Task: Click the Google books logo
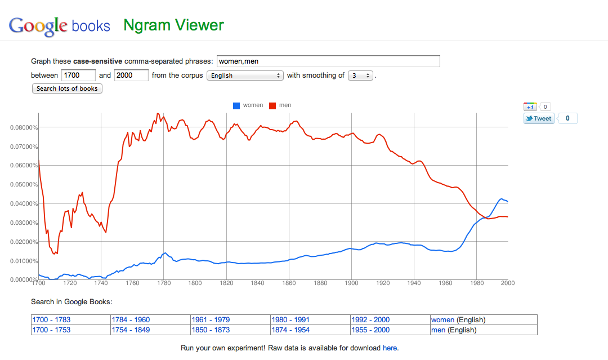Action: (x=60, y=26)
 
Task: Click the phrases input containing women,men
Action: (x=328, y=61)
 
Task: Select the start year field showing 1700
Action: (x=78, y=75)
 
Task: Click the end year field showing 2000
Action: (x=131, y=75)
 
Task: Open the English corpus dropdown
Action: (x=245, y=75)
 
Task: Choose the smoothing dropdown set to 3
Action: (x=360, y=75)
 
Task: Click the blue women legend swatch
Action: (x=236, y=105)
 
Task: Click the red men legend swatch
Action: (x=273, y=105)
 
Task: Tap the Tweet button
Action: (x=539, y=118)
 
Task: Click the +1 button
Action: (x=530, y=106)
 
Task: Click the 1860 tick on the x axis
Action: (x=289, y=283)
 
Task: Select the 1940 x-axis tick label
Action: (x=414, y=283)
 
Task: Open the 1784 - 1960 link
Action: (x=131, y=320)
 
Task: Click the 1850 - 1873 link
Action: (x=211, y=330)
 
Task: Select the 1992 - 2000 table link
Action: (x=370, y=320)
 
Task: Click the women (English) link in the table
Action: (x=442, y=320)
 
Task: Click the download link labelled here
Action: (x=390, y=348)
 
